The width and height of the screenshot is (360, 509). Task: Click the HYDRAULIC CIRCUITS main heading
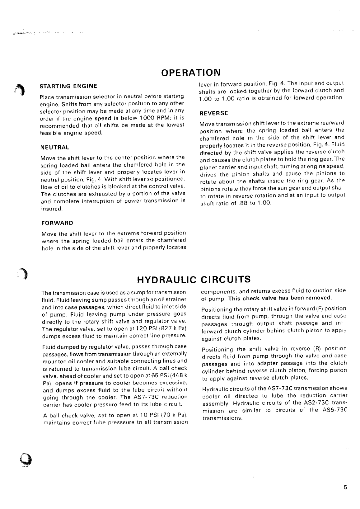pyautogui.click(x=194, y=279)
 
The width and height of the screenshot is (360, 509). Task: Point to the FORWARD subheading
pyautogui.click(x=57, y=223)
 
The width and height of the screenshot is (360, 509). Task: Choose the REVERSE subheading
pyautogui.click(x=213, y=113)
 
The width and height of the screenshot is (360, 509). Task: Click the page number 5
pyautogui.click(x=345, y=488)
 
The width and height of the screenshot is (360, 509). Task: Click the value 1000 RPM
pyautogui.click(x=151, y=118)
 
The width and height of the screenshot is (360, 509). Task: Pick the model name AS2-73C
pyautogui.click(x=309, y=403)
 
